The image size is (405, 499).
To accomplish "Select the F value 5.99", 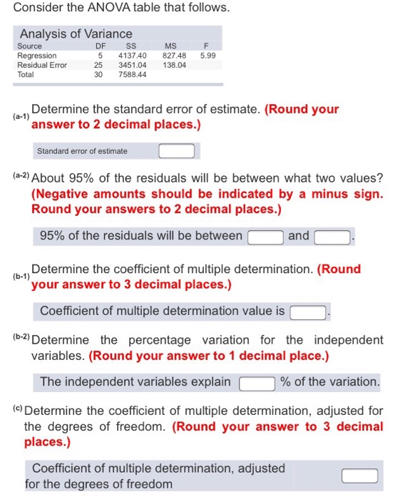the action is click(208, 55).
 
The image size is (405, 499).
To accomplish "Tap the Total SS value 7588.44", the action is click(132, 74).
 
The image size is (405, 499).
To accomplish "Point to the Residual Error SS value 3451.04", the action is click(132, 64).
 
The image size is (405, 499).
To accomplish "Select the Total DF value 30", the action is click(99, 74).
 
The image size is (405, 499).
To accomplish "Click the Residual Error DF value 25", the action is click(99, 64).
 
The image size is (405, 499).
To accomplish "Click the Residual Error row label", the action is click(41, 64).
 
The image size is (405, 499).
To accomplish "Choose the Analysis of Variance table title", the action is click(76, 34).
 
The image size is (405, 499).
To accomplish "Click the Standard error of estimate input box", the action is click(176, 151).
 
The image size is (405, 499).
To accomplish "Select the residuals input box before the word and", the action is click(265, 237).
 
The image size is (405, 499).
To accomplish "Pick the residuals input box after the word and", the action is click(332, 237).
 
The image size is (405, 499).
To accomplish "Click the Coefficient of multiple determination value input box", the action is click(307, 312).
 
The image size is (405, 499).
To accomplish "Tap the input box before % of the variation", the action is click(257, 383).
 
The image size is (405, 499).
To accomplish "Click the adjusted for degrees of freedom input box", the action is click(359, 475).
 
